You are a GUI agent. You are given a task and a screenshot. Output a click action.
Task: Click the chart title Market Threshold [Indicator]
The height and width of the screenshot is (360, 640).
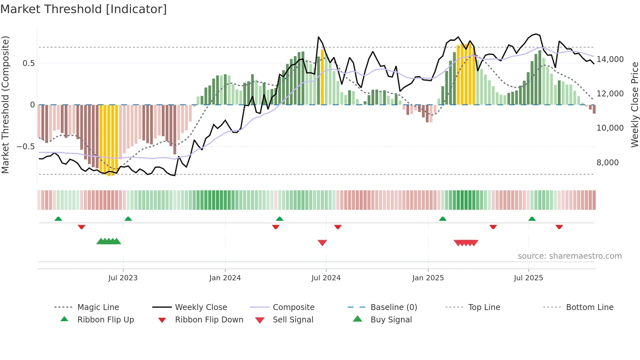click(x=84, y=9)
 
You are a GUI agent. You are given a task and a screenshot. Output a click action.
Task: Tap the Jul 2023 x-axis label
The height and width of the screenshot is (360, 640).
click(x=123, y=278)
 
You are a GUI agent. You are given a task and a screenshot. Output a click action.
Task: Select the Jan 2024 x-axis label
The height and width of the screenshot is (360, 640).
click(x=225, y=278)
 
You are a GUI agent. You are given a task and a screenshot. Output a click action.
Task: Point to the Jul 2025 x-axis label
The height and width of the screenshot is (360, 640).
click(x=528, y=278)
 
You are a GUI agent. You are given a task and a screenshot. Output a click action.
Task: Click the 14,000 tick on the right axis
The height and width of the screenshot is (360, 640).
click(x=610, y=59)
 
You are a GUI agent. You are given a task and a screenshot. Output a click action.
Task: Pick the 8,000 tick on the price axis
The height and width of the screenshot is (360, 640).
click(x=607, y=162)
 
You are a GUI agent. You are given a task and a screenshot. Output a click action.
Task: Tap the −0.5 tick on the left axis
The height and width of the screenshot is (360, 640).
click(x=25, y=146)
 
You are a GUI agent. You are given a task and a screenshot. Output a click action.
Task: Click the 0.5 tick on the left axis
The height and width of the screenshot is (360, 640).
click(x=28, y=63)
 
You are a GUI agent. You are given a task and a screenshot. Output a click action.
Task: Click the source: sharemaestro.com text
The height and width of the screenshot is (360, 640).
click(x=569, y=256)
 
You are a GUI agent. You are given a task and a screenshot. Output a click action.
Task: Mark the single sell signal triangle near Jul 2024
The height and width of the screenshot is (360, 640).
click(x=322, y=243)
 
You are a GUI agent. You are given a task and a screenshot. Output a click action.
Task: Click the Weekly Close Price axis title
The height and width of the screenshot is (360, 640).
click(x=634, y=105)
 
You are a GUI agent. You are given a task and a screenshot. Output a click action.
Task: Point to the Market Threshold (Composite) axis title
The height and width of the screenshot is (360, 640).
click(x=5, y=105)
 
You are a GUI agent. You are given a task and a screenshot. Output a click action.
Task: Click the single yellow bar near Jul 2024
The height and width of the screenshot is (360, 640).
click(x=323, y=77)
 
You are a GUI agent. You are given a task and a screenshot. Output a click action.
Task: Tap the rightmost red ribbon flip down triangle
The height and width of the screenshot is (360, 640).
click(x=559, y=227)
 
